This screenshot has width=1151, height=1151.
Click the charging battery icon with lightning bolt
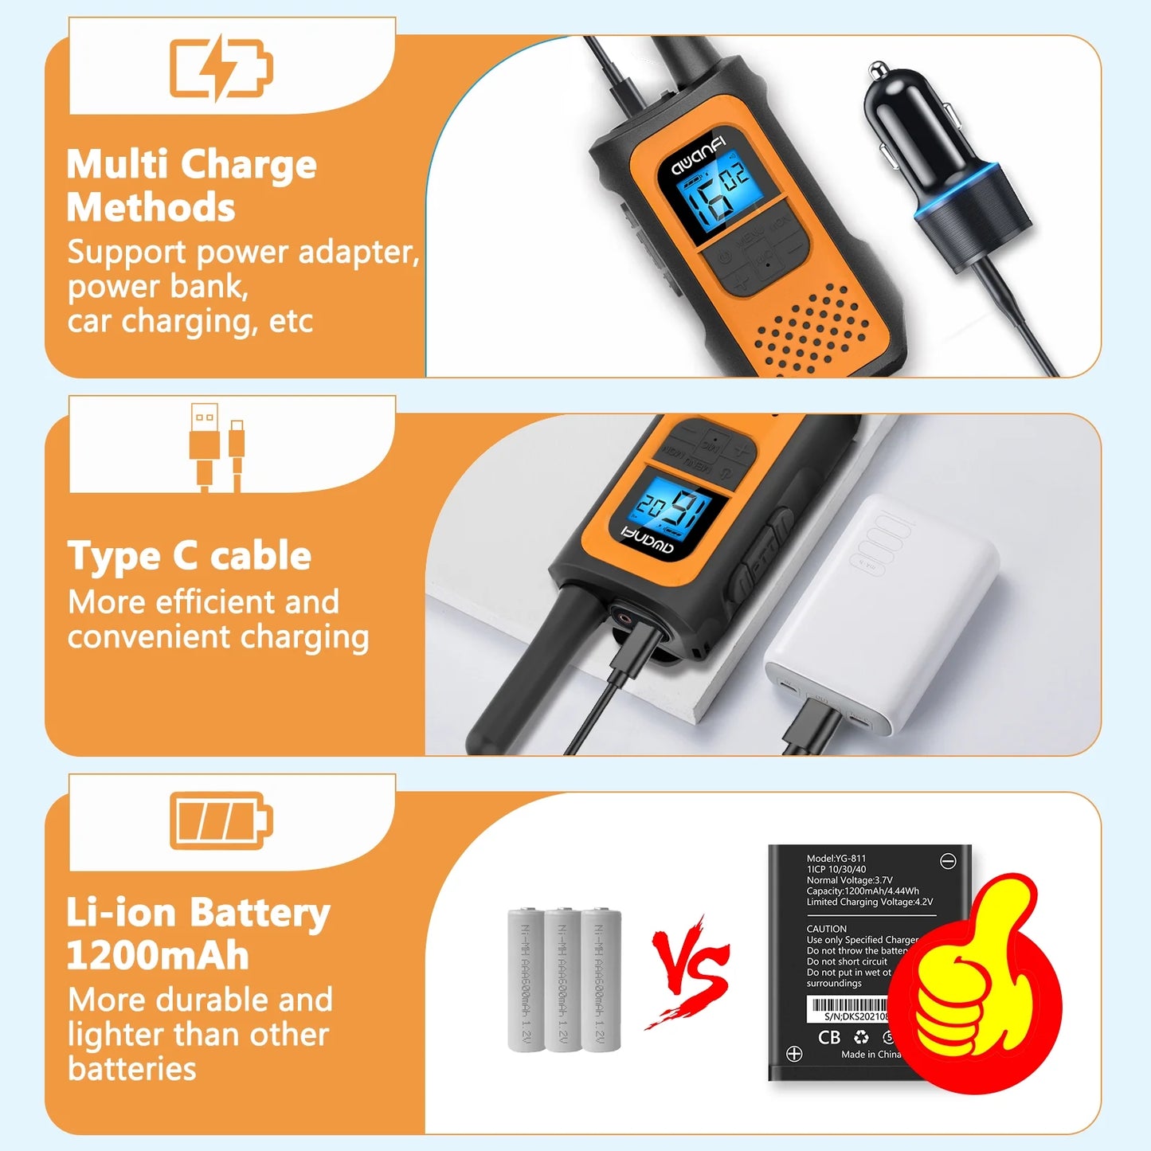coord(221,67)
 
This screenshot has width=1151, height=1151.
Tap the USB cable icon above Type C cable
coord(216,448)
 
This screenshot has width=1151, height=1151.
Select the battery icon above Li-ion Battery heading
coord(221,821)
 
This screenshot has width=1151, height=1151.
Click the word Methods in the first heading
coord(151,208)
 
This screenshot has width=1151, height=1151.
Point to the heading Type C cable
coord(189,556)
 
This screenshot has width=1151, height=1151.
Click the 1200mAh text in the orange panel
coord(157,956)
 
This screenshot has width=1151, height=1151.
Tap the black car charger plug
coord(940,159)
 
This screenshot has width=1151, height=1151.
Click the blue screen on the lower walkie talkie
coord(674,509)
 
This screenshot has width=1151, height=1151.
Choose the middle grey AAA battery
coord(562,979)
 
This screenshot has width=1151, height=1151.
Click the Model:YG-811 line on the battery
coord(836,859)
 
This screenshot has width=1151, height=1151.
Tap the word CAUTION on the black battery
coord(826,929)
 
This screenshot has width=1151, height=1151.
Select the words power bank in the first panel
coord(157,287)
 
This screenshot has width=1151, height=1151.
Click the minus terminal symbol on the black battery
coord(948,861)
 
